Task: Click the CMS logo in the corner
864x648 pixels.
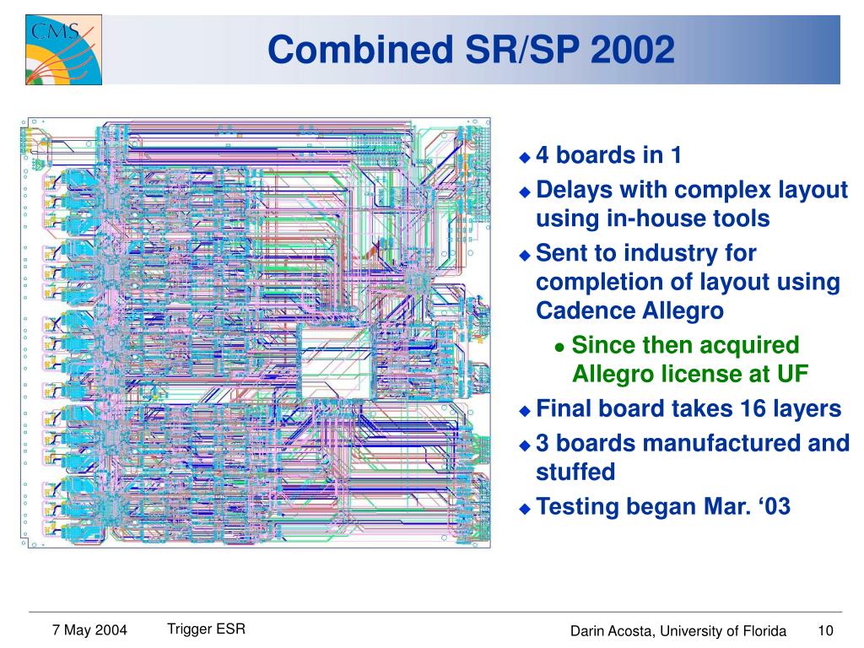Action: point(63,50)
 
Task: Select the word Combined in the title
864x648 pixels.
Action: point(360,50)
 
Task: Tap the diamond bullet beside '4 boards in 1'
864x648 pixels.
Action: point(525,157)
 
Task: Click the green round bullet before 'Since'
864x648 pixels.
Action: point(560,348)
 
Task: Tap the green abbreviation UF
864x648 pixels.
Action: point(792,374)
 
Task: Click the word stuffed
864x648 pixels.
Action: point(575,472)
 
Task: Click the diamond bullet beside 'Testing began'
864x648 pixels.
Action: point(525,509)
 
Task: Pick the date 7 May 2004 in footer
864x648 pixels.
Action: point(89,629)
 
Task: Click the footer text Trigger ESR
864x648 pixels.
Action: point(206,629)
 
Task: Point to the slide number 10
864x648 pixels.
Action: point(825,630)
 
